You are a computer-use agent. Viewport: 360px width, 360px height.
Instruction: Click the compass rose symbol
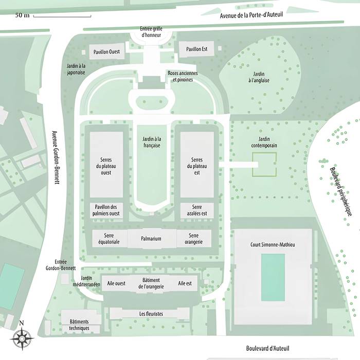[x=21, y=338]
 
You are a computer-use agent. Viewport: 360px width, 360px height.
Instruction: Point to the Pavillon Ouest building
[x=106, y=51]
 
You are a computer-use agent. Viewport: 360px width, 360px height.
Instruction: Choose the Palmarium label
[x=152, y=239]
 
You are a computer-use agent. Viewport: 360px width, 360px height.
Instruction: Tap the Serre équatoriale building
[x=109, y=239]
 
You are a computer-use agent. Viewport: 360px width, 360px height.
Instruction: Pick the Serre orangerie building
[x=193, y=239]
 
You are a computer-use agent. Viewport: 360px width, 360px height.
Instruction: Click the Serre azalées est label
[x=197, y=210]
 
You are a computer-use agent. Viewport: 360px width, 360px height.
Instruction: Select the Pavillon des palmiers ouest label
[x=106, y=210]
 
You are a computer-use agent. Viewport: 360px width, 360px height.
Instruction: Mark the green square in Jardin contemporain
[x=264, y=165]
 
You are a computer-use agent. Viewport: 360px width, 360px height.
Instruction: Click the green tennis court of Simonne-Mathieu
[x=273, y=277]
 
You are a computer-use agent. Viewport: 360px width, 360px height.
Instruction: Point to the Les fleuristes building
[x=151, y=313]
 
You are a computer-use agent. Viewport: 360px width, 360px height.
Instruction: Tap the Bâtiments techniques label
[x=80, y=325]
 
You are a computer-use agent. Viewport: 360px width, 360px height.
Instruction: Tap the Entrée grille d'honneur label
[x=151, y=32]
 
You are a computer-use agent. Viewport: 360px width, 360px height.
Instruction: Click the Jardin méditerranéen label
[x=87, y=281]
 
